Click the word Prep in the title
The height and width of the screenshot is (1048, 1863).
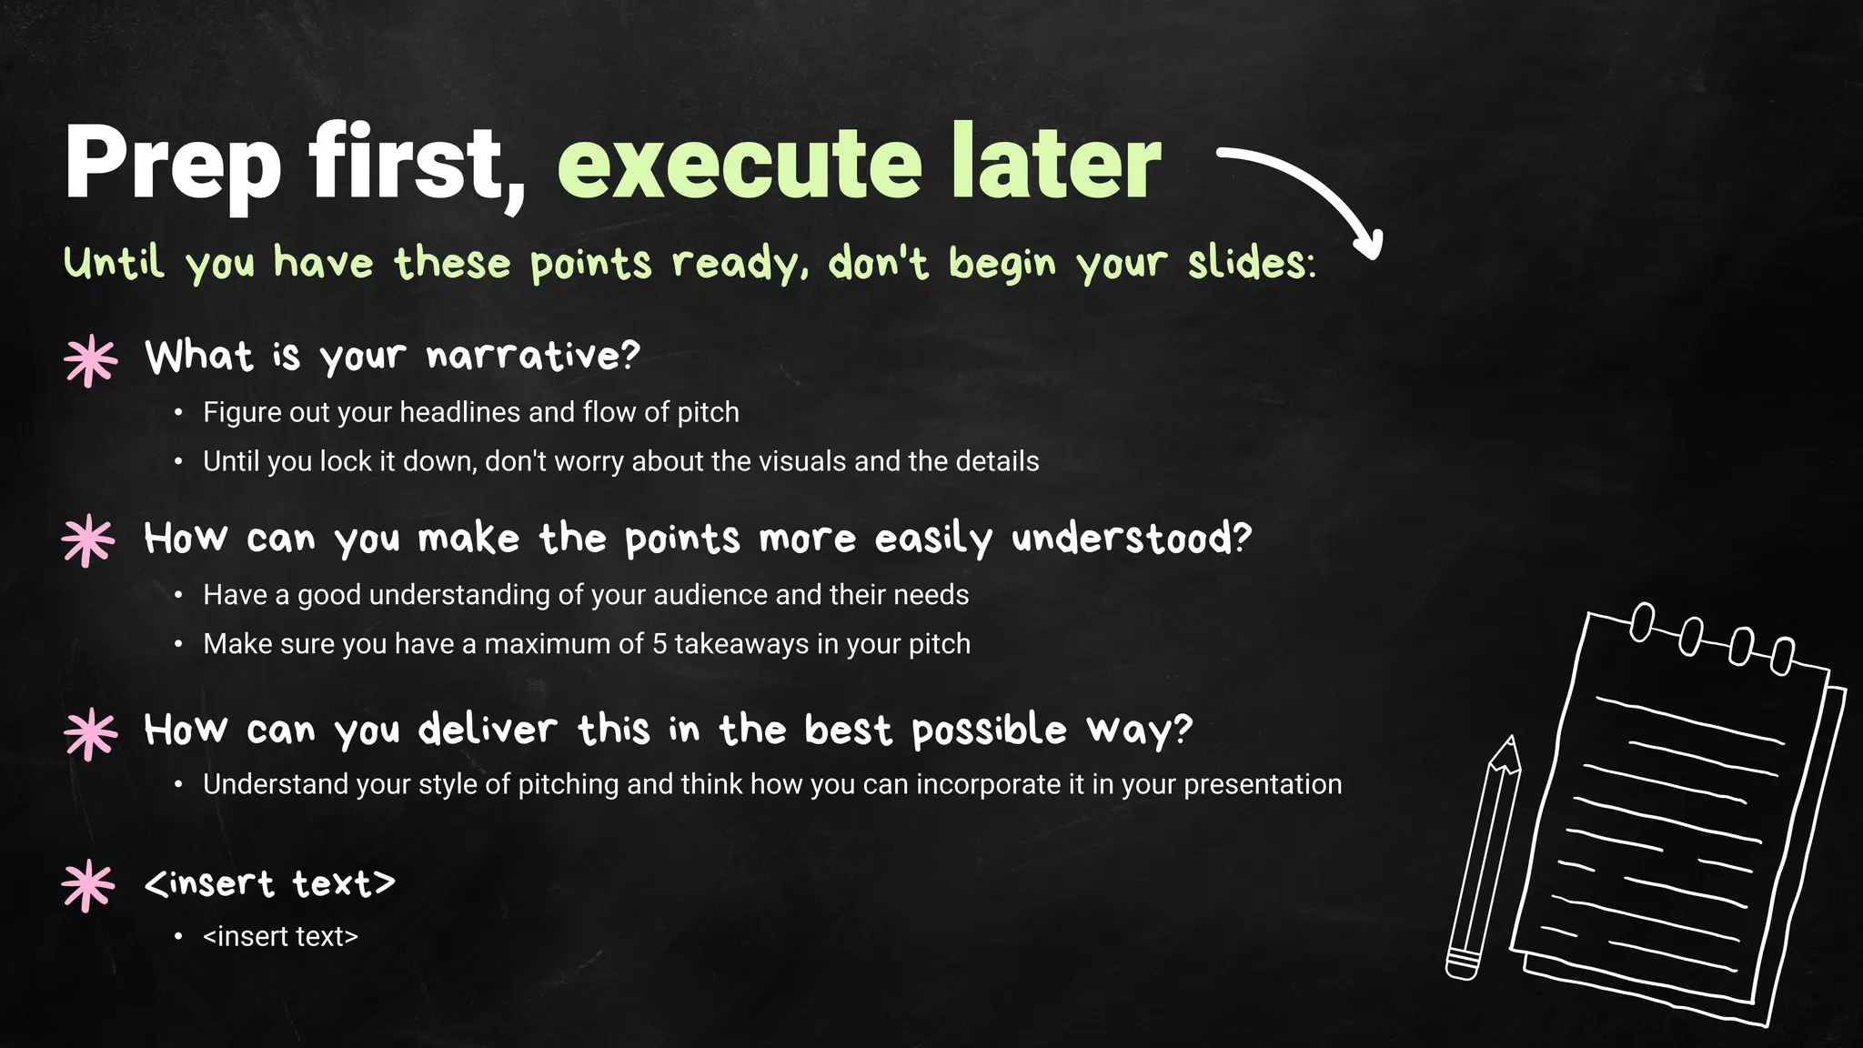point(173,164)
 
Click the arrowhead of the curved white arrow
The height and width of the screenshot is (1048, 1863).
point(1367,246)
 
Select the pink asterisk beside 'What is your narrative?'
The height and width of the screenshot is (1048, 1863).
point(90,361)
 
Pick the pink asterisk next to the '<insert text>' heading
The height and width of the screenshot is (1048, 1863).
point(88,885)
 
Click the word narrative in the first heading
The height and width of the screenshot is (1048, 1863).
point(533,356)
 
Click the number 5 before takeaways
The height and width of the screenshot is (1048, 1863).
point(660,644)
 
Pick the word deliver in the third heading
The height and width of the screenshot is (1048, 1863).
point(488,730)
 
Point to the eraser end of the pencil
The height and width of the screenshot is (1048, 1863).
point(1462,966)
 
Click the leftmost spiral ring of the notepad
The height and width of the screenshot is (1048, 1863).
point(1642,622)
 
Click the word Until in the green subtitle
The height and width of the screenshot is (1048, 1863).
point(115,264)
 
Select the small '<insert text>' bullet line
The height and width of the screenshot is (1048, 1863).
point(280,936)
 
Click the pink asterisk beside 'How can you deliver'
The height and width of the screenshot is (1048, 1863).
point(90,733)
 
